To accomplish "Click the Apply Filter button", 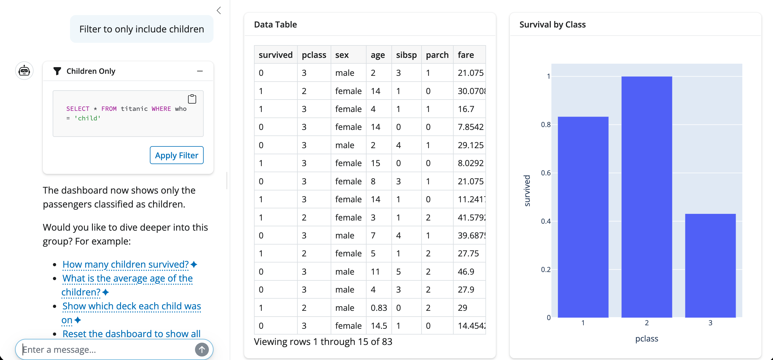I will tap(176, 155).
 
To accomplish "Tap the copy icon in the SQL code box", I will tap(192, 99).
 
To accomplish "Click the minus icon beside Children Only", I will tap(200, 71).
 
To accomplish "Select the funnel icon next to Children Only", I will tap(57, 71).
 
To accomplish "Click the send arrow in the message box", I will tap(202, 350).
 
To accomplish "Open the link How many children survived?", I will tap(126, 264).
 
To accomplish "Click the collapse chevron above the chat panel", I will tap(219, 10).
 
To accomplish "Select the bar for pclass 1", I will tap(583, 217).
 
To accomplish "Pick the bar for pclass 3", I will tap(710, 265).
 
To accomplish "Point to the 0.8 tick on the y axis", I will tap(546, 125).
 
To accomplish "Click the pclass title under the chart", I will tap(646, 339).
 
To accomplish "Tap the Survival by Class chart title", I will tap(552, 25).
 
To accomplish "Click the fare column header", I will tap(466, 55).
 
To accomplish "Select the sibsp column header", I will tap(406, 55).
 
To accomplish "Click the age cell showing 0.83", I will tap(379, 308).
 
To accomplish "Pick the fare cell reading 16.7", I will tap(466, 109).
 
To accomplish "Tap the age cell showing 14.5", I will tap(379, 326).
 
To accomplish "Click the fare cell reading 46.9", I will tap(466, 272).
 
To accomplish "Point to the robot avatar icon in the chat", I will tap(24, 71).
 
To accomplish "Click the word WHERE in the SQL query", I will tap(161, 109).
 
